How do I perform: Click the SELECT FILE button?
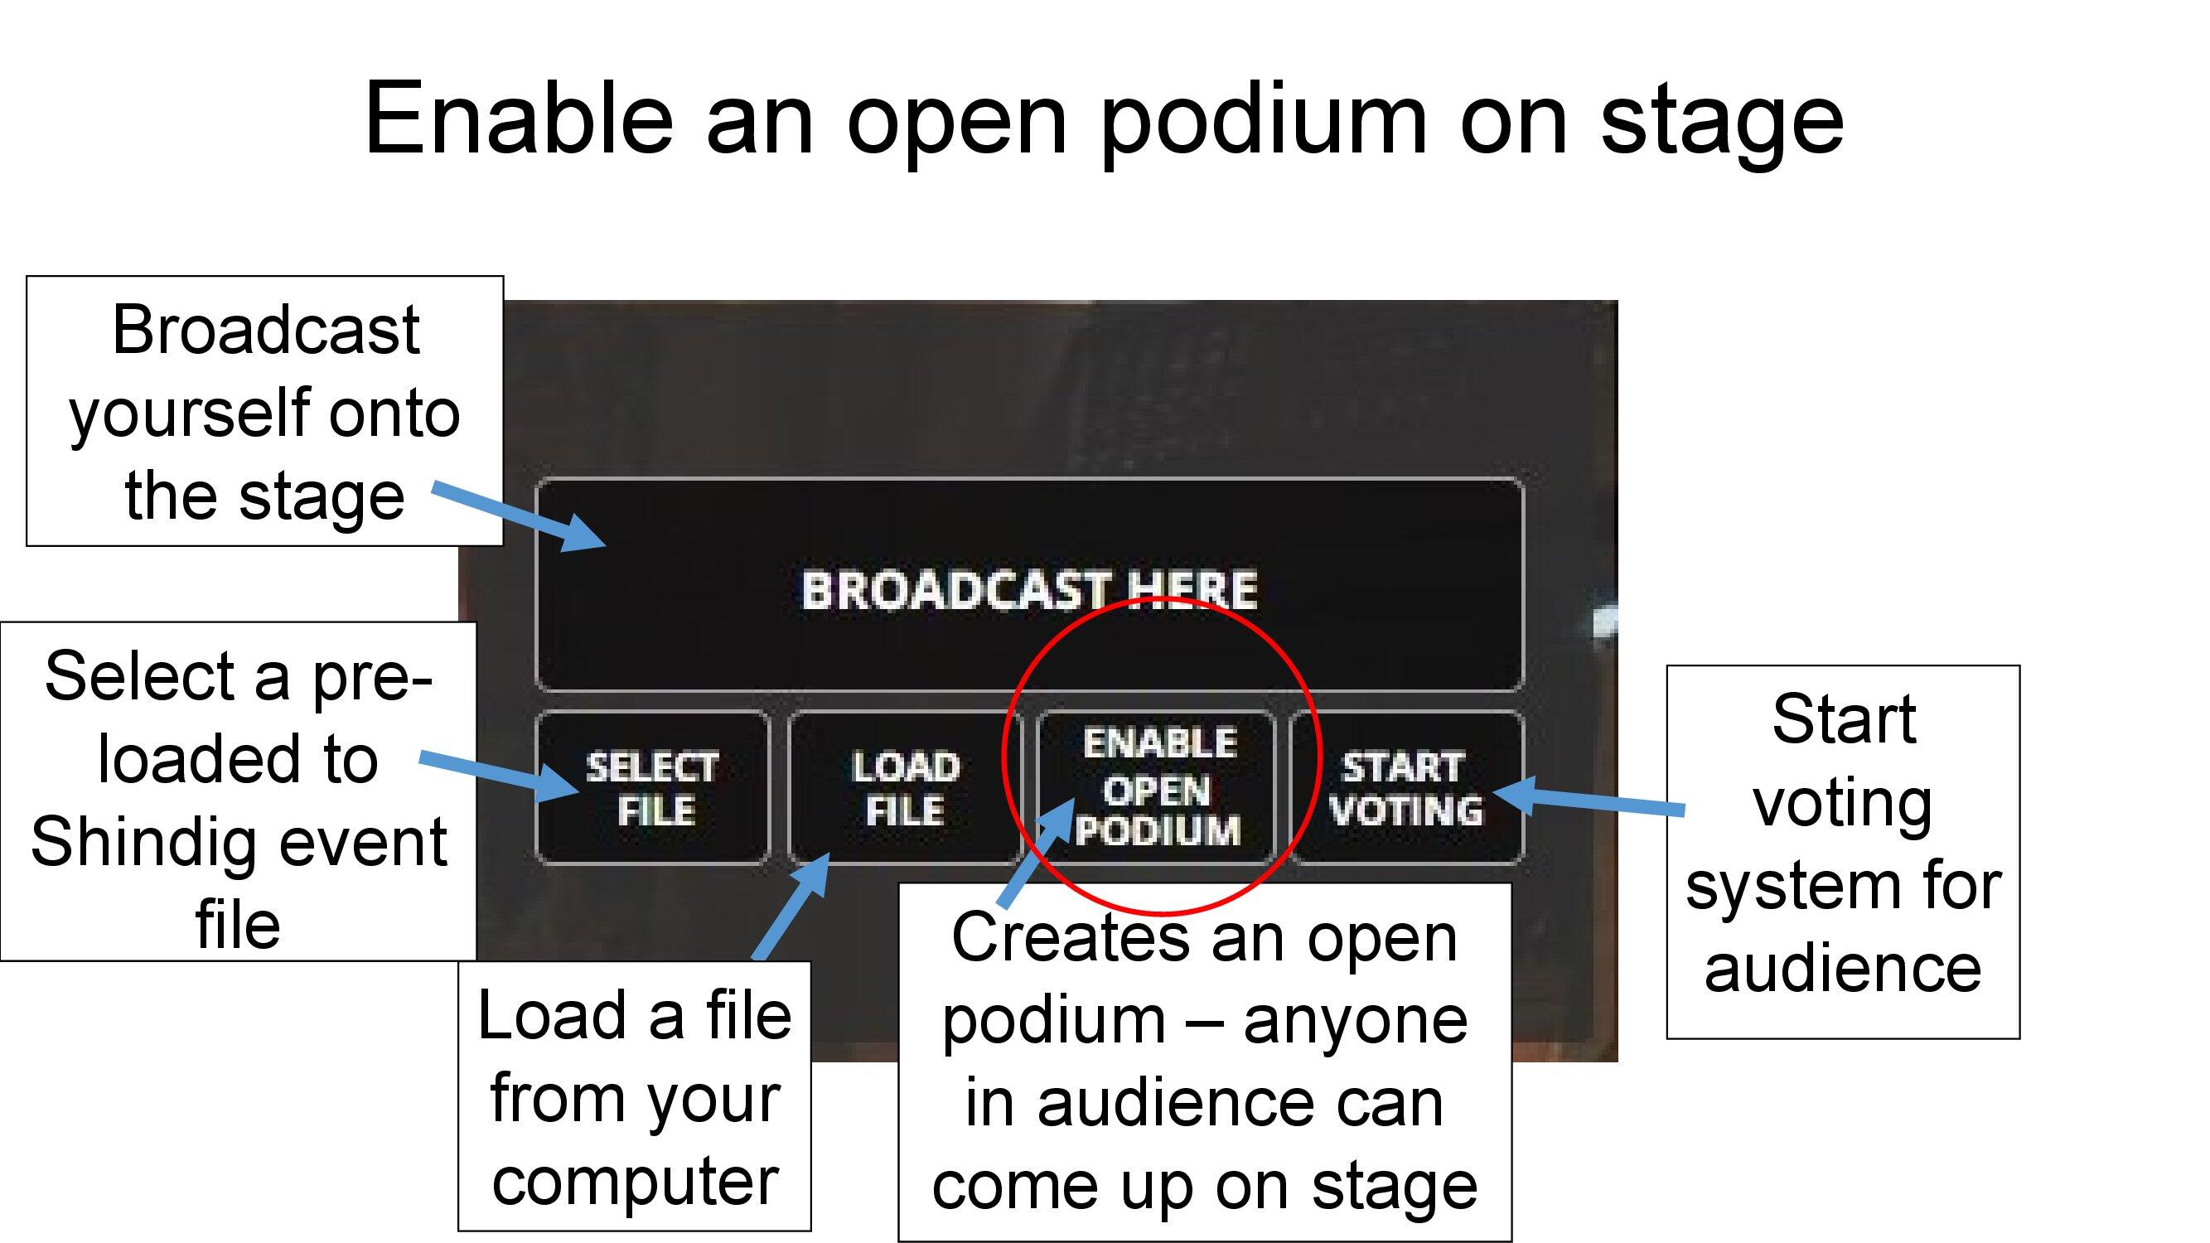click(x=652, y=787)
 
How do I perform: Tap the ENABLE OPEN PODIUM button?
click(x=1158, y=787)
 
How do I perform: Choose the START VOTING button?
click(x=1407, y=787)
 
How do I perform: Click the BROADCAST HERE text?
click(x=1028, y=590)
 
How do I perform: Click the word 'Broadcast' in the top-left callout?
click(x=265, y=330)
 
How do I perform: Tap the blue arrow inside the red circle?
click(x=1037, y=853)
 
